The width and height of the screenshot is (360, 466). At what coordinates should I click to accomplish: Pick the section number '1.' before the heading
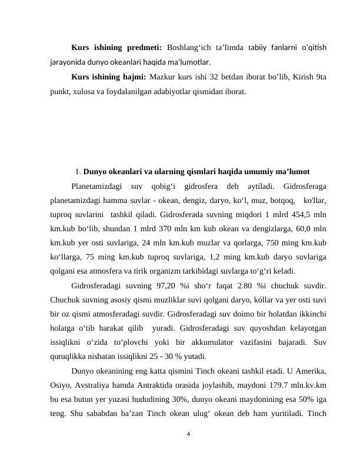click(79, 172)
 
